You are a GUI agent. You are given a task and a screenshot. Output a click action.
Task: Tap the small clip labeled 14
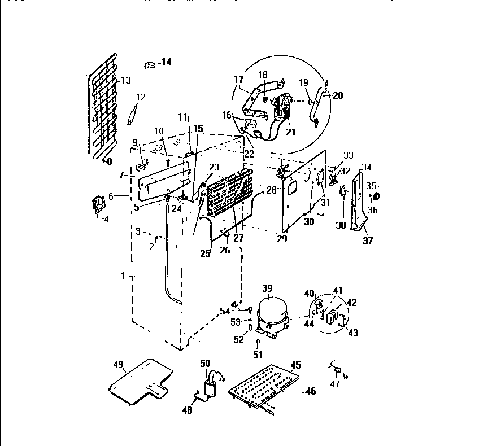pos(150,64)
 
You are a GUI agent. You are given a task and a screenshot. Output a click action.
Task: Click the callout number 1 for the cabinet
pos(123,277)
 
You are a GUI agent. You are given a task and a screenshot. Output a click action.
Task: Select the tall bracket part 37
pos(356,203)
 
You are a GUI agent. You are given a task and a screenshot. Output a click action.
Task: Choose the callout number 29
pos(281,239)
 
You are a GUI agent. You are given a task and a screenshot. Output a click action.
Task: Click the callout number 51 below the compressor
pos(258,355)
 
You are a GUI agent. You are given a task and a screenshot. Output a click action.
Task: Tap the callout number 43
pos(352,333)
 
